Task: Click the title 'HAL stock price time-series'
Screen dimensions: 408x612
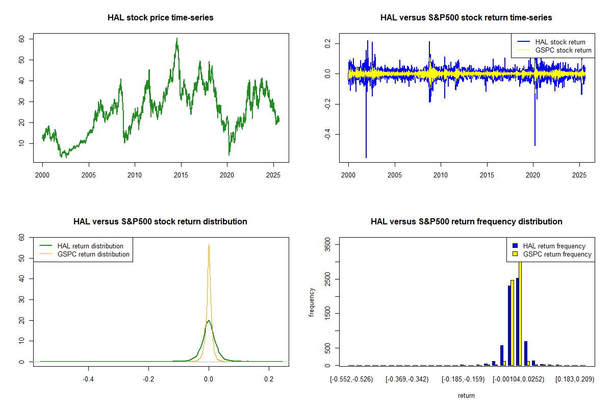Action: tap(160, 17)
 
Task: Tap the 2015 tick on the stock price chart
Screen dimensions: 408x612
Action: tap(181, 175)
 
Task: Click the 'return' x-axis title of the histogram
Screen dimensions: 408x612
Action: tap(466, 395)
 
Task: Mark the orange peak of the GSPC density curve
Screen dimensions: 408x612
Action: tap(209, 246)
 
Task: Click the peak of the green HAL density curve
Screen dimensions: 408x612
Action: tap(209, 321)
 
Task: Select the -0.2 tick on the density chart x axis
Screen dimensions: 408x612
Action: tap(148, 379)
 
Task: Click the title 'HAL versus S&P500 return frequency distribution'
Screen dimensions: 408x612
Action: tap(466, 221)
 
